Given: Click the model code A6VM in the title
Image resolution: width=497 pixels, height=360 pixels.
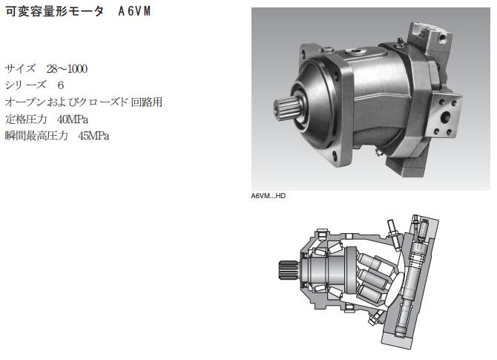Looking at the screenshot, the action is tap(134, 11).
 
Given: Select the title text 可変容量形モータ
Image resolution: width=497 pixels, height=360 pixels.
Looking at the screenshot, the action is tap(54, 11).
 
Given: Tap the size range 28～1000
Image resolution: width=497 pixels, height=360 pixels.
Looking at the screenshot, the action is tap(67, 68).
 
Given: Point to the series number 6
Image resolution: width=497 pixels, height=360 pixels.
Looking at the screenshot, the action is tap(61, 85).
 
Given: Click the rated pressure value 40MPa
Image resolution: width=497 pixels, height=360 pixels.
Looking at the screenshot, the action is tap(73, 120).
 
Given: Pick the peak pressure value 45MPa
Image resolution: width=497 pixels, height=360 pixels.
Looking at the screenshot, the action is tap(93, 136).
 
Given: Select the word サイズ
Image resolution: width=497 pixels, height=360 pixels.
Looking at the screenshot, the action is tap(20, 68).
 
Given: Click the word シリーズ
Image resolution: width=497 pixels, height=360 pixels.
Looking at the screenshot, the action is tap(25, 85).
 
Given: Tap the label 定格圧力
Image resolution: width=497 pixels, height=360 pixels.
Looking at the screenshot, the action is tap(26, 120).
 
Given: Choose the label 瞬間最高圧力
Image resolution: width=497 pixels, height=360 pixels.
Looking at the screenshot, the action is tap(36, 136).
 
